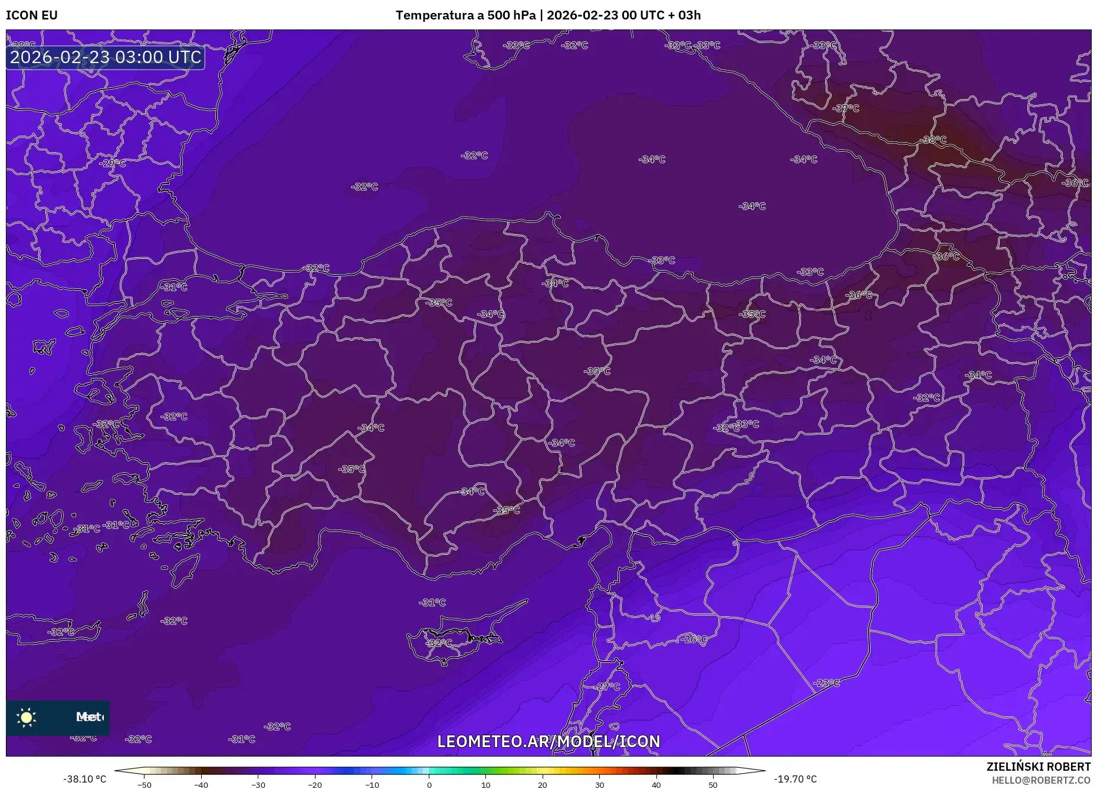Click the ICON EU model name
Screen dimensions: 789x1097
(32, 15)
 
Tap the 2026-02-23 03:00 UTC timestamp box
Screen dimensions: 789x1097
(106, 57)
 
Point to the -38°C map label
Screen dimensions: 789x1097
(933, 140)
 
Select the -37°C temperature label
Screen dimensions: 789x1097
(846, 109)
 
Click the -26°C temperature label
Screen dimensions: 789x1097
(694, 639)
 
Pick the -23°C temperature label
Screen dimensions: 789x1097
(826, 683)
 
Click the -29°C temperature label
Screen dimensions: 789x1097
(113, 163)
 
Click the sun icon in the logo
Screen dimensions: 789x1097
(27, 717)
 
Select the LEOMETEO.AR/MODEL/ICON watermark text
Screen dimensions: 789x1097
(548, 741)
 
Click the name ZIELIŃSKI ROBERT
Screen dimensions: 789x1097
(1038, 767)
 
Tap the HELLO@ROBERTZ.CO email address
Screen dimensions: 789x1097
(1041, 780)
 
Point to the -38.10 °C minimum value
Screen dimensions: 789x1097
(85, 779)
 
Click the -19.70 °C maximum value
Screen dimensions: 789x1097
(795, 779)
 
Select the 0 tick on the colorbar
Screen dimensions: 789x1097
(429, 785)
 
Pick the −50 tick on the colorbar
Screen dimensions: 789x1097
(144, 785)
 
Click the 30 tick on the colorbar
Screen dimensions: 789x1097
(599, 785)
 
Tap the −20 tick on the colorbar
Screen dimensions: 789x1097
(315, 785)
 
